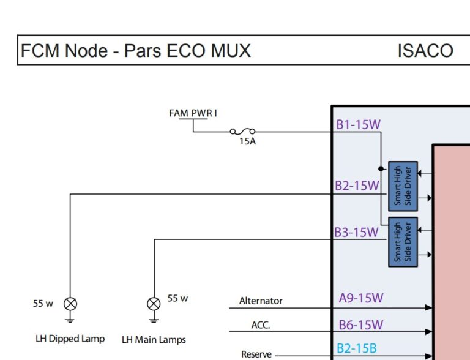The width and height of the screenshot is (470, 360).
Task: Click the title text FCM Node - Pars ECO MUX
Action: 136,50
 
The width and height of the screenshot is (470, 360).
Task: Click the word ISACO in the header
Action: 425,50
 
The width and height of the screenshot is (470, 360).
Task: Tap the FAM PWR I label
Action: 193,113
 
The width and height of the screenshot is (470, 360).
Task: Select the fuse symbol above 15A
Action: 243,131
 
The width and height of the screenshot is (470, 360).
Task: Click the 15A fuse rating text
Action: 247,141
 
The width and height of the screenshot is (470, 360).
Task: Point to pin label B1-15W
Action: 358,125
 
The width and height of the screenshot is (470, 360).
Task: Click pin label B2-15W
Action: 357,186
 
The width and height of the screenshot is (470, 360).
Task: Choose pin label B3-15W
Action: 356,233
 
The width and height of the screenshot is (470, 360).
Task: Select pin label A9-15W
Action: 360,298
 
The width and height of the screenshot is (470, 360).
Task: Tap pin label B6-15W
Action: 360,324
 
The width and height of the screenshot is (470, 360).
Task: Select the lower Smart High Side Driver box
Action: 403,241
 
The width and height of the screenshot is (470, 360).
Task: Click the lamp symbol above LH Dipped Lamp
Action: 70,303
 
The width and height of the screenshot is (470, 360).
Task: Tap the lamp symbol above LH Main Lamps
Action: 154,303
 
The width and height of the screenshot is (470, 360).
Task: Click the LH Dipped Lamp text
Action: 69,339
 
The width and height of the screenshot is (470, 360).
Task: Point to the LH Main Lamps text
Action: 154,339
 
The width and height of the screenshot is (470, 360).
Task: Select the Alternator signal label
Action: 261,301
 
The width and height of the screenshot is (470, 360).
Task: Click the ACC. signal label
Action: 261,325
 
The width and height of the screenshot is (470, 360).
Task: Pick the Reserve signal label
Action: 256,354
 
